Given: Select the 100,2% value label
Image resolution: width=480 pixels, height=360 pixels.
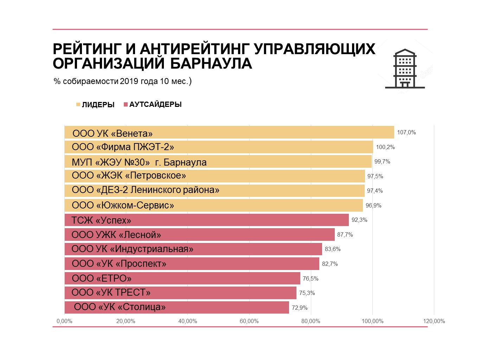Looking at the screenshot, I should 385,147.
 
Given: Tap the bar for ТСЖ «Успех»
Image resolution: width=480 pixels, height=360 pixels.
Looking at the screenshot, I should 207,220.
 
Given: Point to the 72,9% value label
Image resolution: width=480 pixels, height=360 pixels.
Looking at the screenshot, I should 300,308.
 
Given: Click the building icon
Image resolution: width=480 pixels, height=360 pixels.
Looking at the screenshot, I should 405,69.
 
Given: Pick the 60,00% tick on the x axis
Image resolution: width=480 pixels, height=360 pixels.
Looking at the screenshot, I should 249,321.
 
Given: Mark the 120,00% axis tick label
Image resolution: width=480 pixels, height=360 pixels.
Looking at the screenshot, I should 434,321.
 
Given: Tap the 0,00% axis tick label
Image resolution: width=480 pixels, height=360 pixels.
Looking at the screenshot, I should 64,321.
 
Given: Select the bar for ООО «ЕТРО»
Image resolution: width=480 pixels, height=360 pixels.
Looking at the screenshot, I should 183,278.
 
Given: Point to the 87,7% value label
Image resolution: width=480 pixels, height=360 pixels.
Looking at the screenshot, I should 345,235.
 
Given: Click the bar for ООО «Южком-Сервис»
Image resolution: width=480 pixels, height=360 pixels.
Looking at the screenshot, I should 214,205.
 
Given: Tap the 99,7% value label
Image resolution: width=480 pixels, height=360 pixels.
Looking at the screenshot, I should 382,162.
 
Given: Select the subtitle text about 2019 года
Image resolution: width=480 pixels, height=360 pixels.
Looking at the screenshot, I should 122,82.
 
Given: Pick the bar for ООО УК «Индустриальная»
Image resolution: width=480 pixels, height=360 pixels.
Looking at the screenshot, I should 193,249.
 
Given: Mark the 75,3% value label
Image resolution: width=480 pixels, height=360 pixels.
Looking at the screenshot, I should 307,293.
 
